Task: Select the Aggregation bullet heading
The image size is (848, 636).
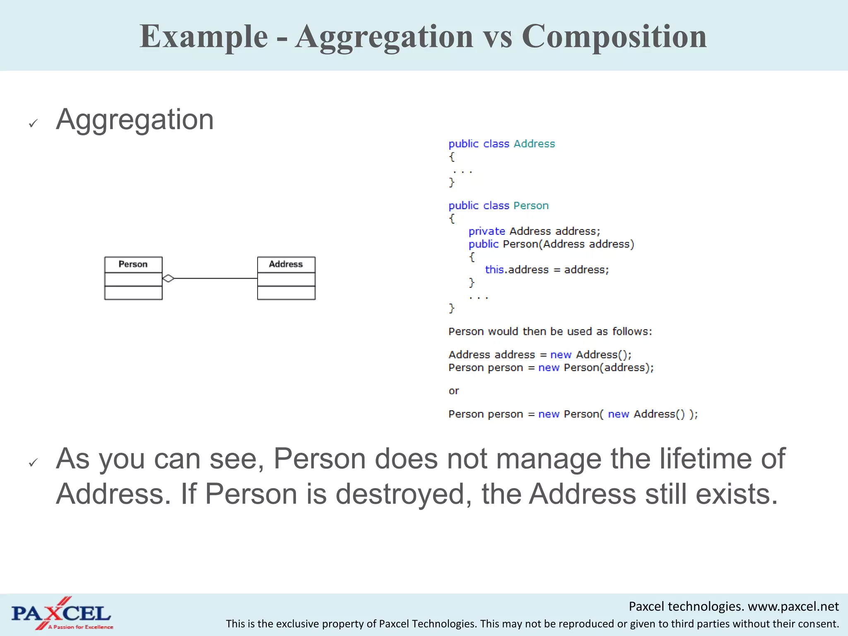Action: click(135, 119)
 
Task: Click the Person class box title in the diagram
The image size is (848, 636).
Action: click(133, 264)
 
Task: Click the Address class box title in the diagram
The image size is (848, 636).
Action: click(286, 264)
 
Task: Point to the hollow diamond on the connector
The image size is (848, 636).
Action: click(168, 278)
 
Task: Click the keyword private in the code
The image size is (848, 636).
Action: click(487, 231)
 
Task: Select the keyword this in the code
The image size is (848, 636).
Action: click(494, 270)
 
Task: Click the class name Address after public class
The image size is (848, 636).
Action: click(534, 144)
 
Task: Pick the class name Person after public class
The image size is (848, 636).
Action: click(531, 205)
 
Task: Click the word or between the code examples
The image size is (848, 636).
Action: click(453, 391)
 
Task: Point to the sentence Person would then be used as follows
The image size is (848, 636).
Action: click(550, 331)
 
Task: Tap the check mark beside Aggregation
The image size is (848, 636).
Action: click(34, 123)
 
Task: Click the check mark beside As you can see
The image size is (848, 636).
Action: click(34, 462)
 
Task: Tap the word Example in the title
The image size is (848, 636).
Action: click(203, 36)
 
